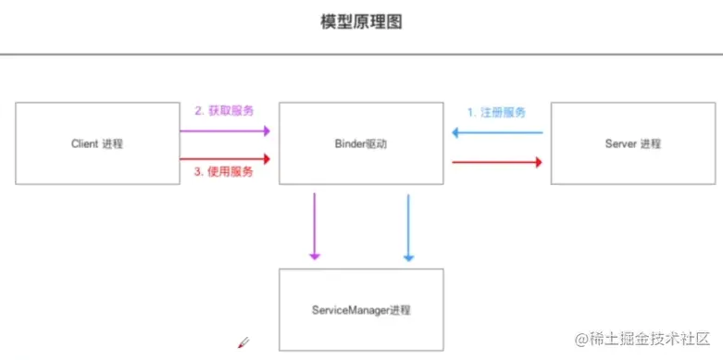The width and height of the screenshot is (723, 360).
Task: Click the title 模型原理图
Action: [x=361, y=22]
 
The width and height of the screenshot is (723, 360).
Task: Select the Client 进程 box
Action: [x=97, y=143]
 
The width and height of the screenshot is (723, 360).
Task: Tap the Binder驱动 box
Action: [x=362, y=143]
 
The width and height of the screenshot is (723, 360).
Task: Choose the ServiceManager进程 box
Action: [x=361, y=309]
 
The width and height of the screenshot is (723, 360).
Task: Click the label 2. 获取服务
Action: [x=224, y=111]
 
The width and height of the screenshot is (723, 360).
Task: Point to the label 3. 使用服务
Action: [x=224, y=171]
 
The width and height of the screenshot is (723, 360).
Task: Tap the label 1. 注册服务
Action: [x=496, y=112]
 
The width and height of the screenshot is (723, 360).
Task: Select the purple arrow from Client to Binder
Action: [x=225, y=130]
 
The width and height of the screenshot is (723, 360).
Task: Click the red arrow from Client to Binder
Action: [x=225, y=159]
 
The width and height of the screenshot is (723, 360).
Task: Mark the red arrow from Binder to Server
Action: [x=497, y=162]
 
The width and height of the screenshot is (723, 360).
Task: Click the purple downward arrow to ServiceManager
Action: [x=315, y=227]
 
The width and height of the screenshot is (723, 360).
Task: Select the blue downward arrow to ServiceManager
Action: [x=407, y=227]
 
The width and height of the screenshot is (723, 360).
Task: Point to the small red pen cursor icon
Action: [x=243, y=342]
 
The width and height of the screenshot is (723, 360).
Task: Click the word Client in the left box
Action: [x=84, y=143]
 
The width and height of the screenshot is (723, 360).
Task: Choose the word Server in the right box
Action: [x=620, y=143]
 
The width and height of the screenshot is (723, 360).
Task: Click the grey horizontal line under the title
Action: [x=361, y=55]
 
